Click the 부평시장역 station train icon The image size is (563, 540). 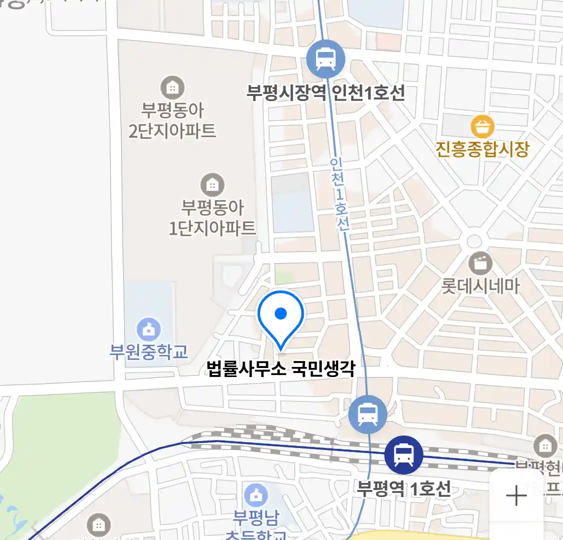point(326,59)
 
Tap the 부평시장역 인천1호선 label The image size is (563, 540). point(326,92)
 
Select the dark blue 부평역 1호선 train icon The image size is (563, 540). point(403,455)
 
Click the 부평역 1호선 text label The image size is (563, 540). point(403,488)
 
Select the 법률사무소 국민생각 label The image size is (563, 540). point(281,369)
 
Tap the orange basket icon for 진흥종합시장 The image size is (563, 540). point(482,127)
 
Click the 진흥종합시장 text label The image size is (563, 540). point(482,149)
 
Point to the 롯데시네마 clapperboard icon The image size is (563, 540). point(480,263)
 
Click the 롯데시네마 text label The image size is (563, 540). point(480,286)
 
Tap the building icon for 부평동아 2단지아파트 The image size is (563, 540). point(172,88)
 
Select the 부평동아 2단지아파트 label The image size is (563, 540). point(172,120)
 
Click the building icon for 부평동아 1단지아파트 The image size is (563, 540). point(212,185)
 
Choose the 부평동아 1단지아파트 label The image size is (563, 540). point(212,218)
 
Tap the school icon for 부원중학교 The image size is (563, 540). point(149,329)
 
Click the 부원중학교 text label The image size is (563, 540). point(149,351)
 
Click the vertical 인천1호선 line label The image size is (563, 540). point(339,194)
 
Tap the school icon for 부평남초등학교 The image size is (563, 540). point(256,495)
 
